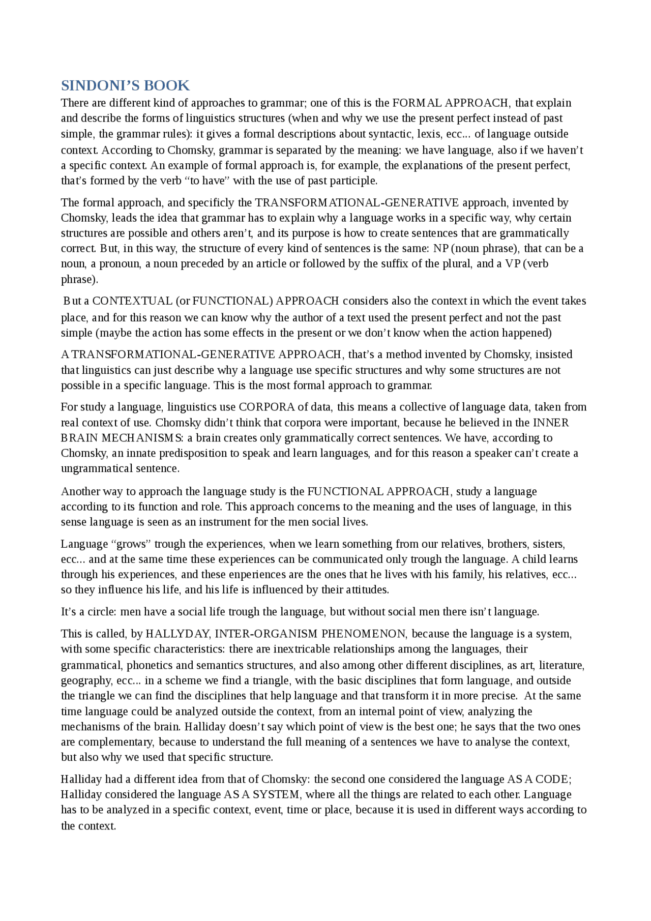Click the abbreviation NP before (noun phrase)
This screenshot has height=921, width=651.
coord(440,249)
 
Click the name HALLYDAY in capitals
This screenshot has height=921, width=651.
coord(177,634)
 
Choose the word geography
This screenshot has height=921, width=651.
coord(84,681)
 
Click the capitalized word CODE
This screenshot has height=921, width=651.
coord(553,780)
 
